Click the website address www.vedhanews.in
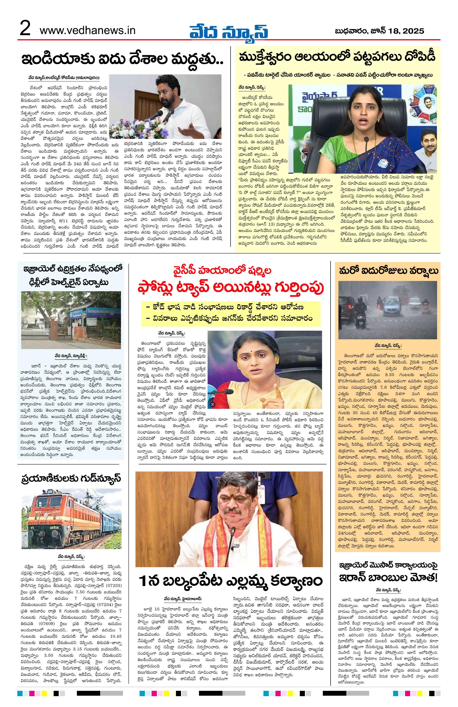click(87, 30)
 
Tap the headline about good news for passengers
click(71, 478)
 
